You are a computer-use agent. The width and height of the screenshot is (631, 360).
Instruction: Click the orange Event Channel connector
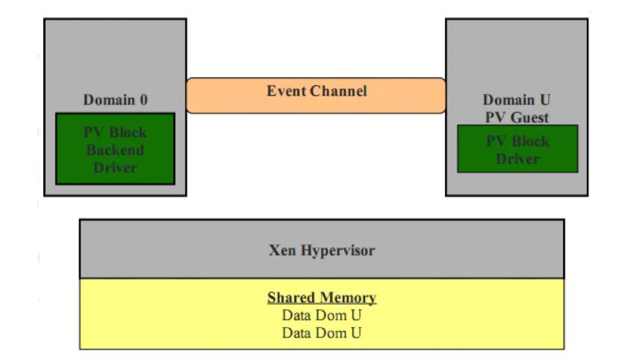coord(316,96)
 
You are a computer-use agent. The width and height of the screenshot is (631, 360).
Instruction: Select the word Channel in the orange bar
coord(338,91)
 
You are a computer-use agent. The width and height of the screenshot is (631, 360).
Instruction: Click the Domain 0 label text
coord(116,99)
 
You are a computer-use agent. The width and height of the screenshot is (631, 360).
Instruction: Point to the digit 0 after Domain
coord(143,100)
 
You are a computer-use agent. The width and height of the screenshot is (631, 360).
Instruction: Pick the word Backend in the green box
coord(115,150)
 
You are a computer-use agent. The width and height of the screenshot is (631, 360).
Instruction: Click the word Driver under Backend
coord(115,167)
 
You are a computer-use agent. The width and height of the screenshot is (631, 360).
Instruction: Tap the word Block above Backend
coord(128,132)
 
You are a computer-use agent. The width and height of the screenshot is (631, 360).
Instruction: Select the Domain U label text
coord(516,99)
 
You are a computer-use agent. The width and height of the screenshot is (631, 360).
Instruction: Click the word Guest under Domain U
coord(529,117)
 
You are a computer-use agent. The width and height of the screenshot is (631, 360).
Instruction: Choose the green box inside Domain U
coord(517,149)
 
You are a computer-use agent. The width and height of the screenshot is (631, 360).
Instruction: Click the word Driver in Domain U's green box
coord(517,158)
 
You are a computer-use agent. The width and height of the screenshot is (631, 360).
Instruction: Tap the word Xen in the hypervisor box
coord(282,250)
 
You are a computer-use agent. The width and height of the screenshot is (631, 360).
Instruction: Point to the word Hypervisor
coord(338,250)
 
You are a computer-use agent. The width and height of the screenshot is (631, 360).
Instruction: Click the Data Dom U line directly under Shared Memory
coord(322,315)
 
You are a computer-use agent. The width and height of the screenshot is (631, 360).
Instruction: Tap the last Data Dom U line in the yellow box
coord(322,333)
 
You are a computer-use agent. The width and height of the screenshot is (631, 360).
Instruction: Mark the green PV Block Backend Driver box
coord(115,149)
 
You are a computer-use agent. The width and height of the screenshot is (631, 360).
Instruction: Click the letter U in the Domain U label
coord(545,99)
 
